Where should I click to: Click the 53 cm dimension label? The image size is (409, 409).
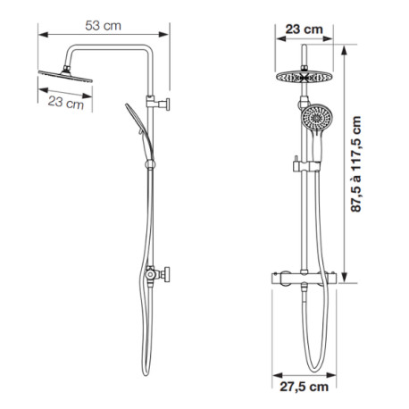(103, 26)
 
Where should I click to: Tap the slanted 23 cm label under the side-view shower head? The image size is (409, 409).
(66, 103)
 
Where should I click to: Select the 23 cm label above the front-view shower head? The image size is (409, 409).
(304, 29)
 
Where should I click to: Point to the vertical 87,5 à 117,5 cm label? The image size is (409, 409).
(355, 164)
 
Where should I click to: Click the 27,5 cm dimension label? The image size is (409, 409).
(304, 387)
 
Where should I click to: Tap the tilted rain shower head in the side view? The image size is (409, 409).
(65, 76)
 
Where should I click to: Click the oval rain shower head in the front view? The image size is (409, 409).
(304, 78)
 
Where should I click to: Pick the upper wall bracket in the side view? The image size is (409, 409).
(158, 103)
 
